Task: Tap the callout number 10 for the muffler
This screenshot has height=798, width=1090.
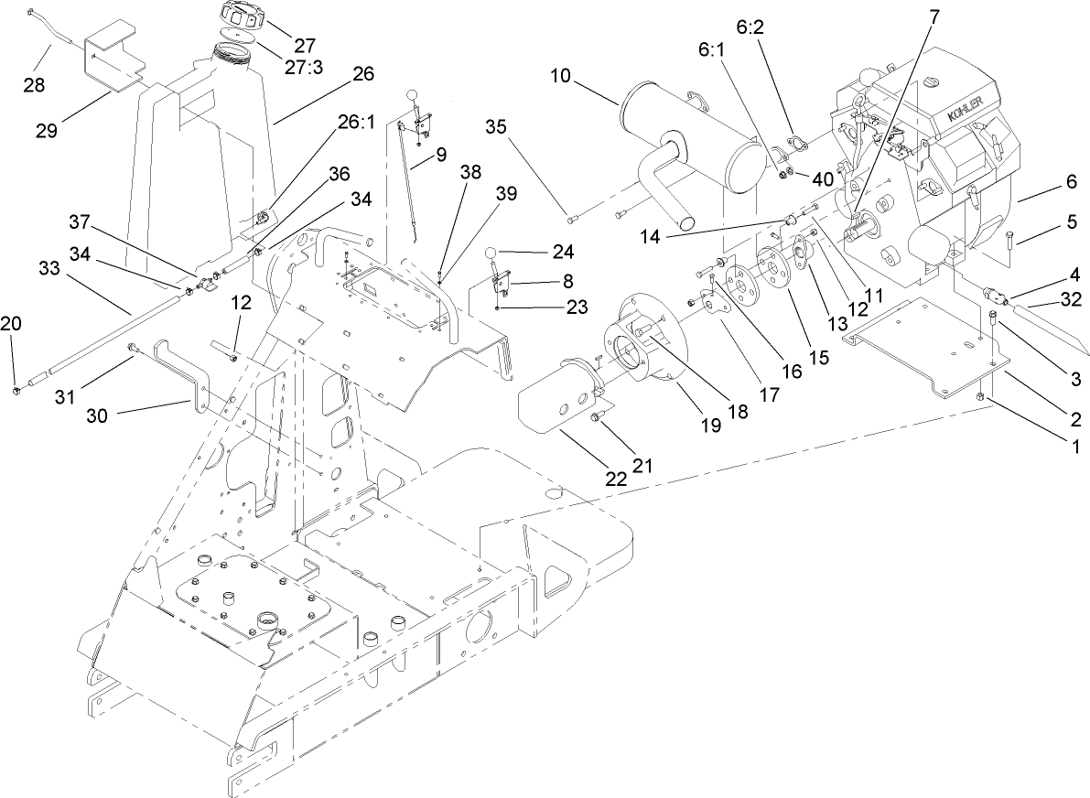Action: click(x=560, y=75)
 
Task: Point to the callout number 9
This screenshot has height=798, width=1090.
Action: click(x=441, y=154)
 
